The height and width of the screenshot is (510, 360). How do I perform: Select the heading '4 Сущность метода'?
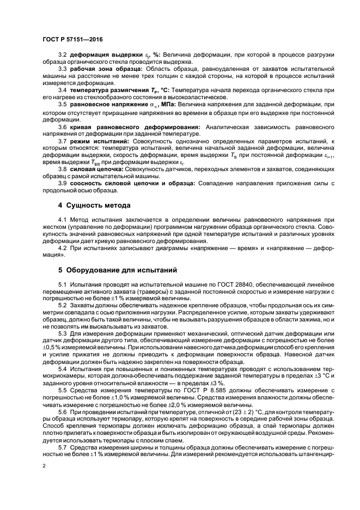pos(94,205)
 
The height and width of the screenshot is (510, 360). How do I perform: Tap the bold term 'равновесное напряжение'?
pos(106,104)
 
